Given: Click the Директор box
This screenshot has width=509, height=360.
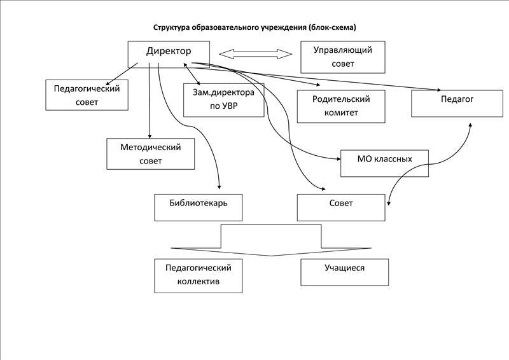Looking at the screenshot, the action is pyautogui.click(x=169, y=54).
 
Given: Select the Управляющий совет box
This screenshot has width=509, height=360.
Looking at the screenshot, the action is pyautogui.click(x=343, y=57).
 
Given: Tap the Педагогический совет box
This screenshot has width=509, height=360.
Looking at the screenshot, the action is pyautogui.click(x=87, y=95).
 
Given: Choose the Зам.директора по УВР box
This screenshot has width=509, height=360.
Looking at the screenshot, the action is pyautogui.click(x=224, y=100).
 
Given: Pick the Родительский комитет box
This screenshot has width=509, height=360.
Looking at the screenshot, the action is pyautogui.click(x=341, y=106).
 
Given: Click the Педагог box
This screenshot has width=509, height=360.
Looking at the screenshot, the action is pyautogui.click(x=457, y=103).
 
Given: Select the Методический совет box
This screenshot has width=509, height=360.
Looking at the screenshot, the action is pyautogui.click(x=151, y=154).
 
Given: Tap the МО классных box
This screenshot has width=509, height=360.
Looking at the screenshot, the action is pyautogui.click(x=384, y=163).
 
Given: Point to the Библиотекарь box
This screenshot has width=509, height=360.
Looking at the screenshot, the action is pyautogui.click(x=198, y=208).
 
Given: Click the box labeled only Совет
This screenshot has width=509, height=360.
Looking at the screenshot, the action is pyautogui.click(x=341, y=208).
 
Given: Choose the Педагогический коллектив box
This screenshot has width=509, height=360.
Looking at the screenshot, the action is pyautogui.click(x=198, y=275).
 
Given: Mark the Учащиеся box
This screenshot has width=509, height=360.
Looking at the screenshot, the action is pyautogui.click(x=344, y=272).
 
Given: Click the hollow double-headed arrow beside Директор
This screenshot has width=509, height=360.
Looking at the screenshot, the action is pyautogui.click(x=256, y=54).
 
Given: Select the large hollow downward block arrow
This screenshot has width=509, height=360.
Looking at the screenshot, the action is pyautogui.click(x=271, y=240).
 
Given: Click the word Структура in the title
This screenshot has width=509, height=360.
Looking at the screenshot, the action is pyautogui.click(x=171, y=27).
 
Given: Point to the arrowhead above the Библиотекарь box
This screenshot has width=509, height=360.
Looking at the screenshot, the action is pyautogui.click(x=220, y=187).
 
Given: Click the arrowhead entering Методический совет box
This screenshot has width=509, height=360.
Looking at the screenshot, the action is pyautogui.click(x=150, y=136).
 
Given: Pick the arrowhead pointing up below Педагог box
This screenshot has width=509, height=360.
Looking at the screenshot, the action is pyautogui.click(x=470, y=125).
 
